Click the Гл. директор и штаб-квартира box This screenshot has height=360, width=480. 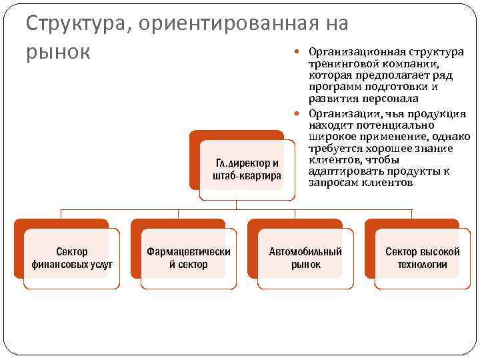point(247,169)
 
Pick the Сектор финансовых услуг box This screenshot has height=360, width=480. point(71,258)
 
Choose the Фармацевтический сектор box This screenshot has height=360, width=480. point(189,258)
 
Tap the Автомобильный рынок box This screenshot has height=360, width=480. point(305,258)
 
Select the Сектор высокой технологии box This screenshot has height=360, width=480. point(422,258)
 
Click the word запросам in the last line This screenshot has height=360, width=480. point(331,183)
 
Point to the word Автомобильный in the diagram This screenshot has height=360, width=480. point(305,252)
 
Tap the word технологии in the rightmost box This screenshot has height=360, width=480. point(422,264)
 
